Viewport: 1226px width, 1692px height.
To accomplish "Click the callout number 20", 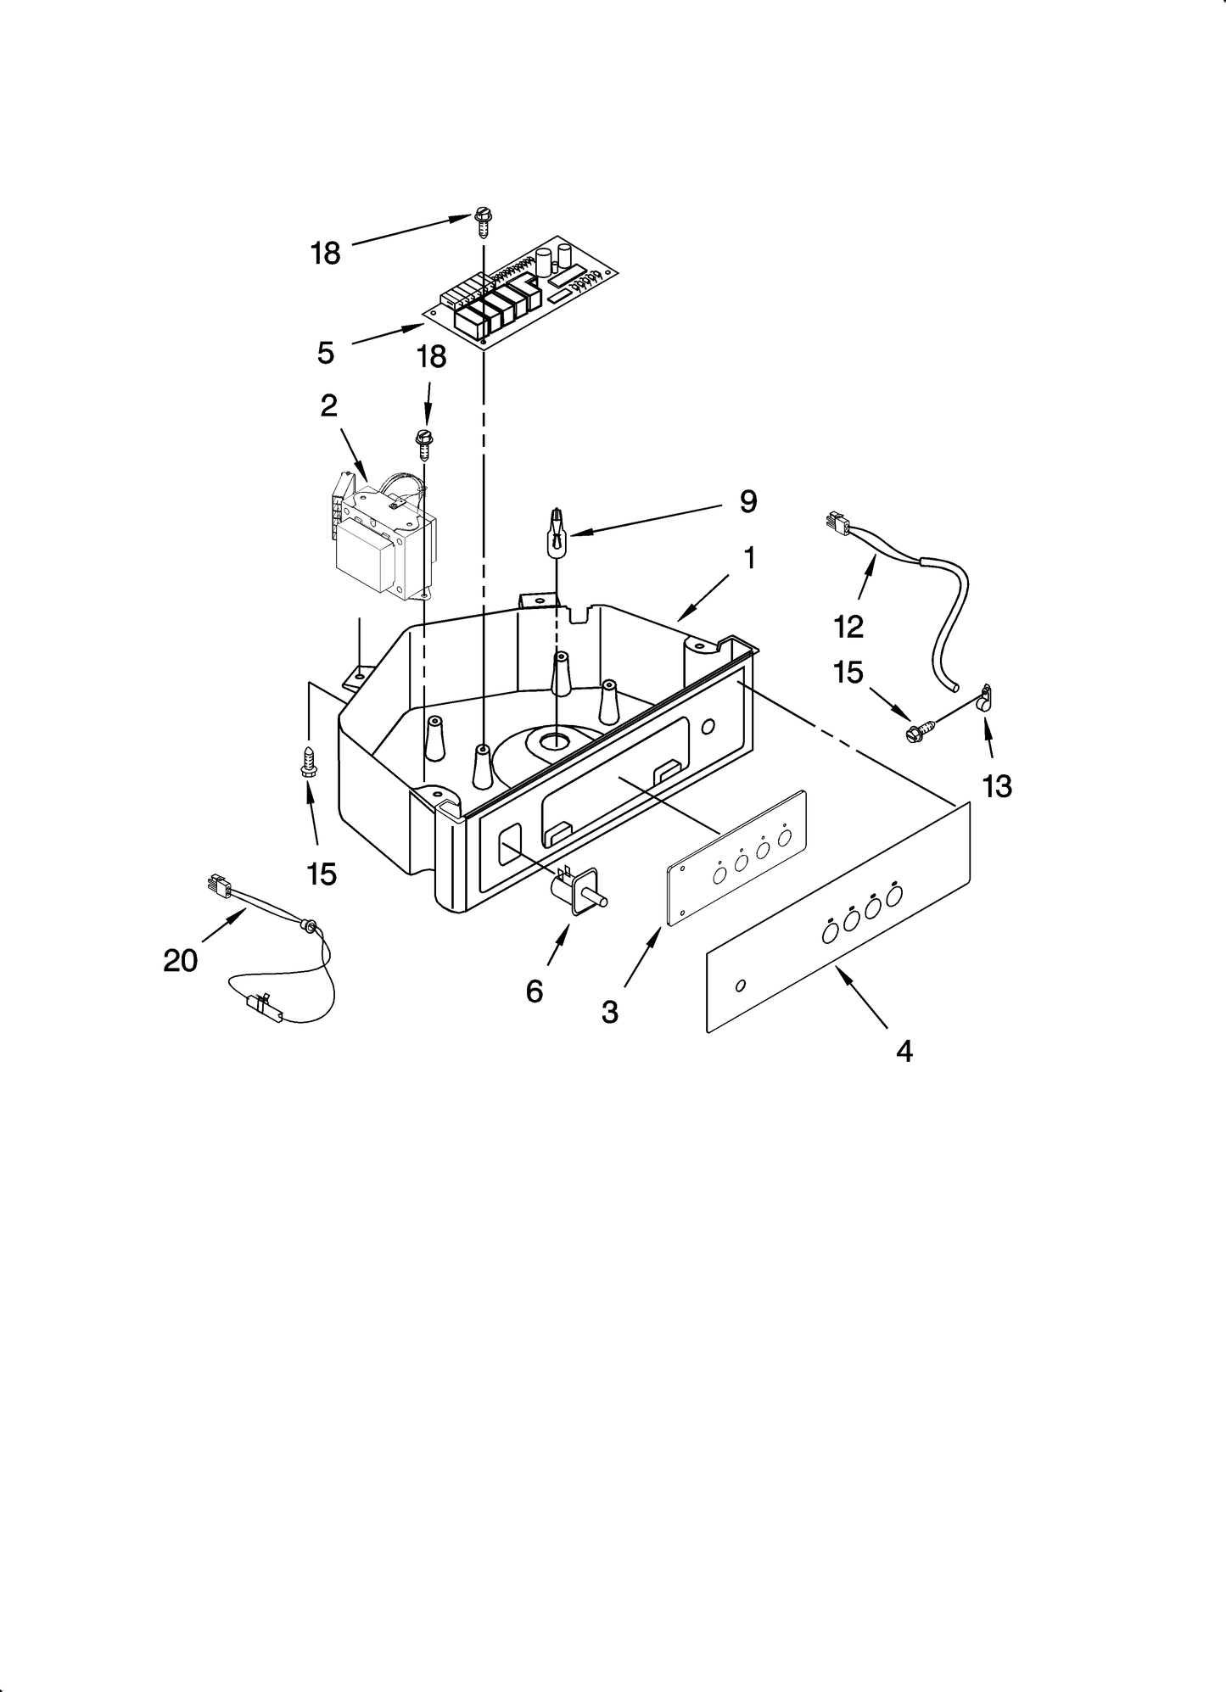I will [x=180, y=960].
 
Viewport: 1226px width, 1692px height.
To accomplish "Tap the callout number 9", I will [x=747, y=501].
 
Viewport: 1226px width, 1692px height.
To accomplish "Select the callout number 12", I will [x=848, y=626].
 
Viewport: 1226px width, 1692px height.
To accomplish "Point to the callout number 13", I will [x=997, y=786].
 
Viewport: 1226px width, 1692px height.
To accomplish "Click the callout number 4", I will [x=904, y=1051].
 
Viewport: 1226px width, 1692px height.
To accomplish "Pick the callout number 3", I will [x=610, y=1011].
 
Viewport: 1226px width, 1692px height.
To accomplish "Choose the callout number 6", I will [x=534, y=990].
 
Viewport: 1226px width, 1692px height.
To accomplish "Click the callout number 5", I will [x=326, y=352].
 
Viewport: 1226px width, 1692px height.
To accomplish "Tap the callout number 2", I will [x=328, y=405].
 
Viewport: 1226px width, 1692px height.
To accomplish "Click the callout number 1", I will [x=749, y=558].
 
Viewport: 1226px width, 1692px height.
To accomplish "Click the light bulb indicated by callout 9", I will [x=556, y=534].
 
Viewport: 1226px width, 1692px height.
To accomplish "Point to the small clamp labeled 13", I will [x=985, y=698].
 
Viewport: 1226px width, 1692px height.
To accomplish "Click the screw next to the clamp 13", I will [x=919, y=728].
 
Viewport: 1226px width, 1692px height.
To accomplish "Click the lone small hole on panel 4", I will [x=741, y=985].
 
